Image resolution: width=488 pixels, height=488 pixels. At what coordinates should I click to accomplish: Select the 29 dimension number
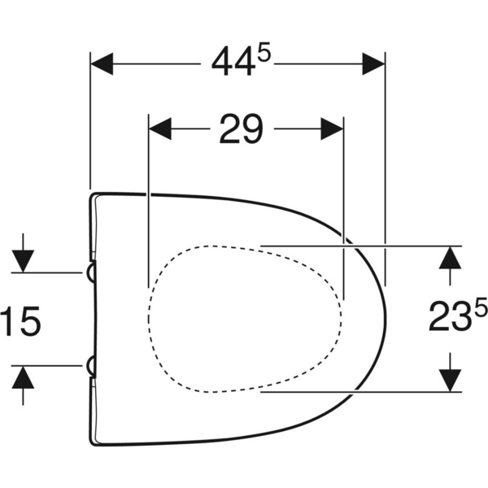(x=242, y=129)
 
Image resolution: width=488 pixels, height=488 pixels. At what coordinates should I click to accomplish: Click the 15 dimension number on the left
(x=20, y=321)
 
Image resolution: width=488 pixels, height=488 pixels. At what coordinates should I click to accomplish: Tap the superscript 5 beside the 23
(x=480, y=307)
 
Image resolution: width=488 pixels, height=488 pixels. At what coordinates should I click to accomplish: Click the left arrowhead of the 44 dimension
(x=102, y=63)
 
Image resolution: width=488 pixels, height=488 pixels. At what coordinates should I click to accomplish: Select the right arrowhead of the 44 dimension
(x=373, y=63)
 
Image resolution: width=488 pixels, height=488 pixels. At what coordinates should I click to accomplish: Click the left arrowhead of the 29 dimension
(x=160, y=129)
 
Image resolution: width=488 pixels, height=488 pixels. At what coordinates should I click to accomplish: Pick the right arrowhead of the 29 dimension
(x=332, y=129)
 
